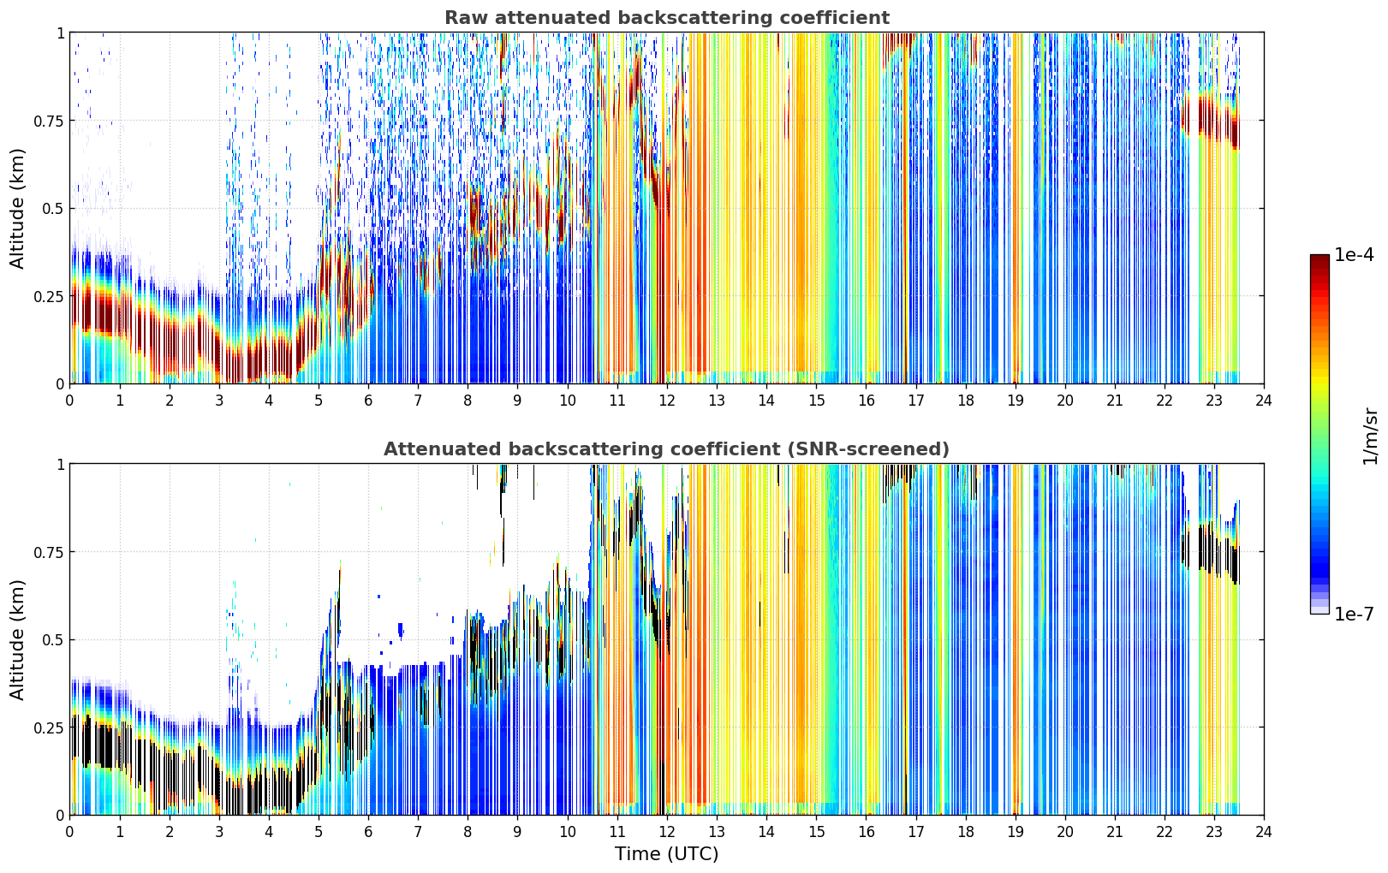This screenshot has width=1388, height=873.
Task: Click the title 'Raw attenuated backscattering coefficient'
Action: (x=667, y=17)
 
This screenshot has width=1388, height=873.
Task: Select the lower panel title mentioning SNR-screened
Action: (x=667, y=448)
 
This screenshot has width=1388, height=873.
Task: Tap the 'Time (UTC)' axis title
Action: (x=667, y=854)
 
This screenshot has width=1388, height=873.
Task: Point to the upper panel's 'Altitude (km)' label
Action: (x=17, y=209)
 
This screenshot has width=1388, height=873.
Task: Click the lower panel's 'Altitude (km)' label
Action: (x=17, y=640)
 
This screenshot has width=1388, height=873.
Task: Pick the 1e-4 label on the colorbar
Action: (x=1354, y=254)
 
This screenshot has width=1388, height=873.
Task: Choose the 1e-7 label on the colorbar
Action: (x=1354, y=615)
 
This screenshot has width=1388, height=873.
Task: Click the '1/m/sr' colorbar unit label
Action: (x=1370, y=436)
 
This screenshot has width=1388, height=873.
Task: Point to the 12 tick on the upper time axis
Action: (x=667, y=400)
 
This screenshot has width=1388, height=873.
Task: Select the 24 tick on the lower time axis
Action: (x=1264, y=832)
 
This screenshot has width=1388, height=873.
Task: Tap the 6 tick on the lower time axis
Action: (x=368, y=832)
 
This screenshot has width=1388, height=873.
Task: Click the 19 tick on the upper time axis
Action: (x=1015, y=400)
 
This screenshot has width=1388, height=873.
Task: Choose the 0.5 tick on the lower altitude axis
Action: (x=52, y=639)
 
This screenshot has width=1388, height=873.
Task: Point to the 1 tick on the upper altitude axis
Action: (x=61, y=33)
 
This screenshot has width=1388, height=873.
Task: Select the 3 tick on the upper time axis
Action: (x=218, y=400)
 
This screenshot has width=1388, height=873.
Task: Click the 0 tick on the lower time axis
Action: (x=69, y=832)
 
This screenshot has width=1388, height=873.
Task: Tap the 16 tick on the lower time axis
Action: (x=866, y=832)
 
